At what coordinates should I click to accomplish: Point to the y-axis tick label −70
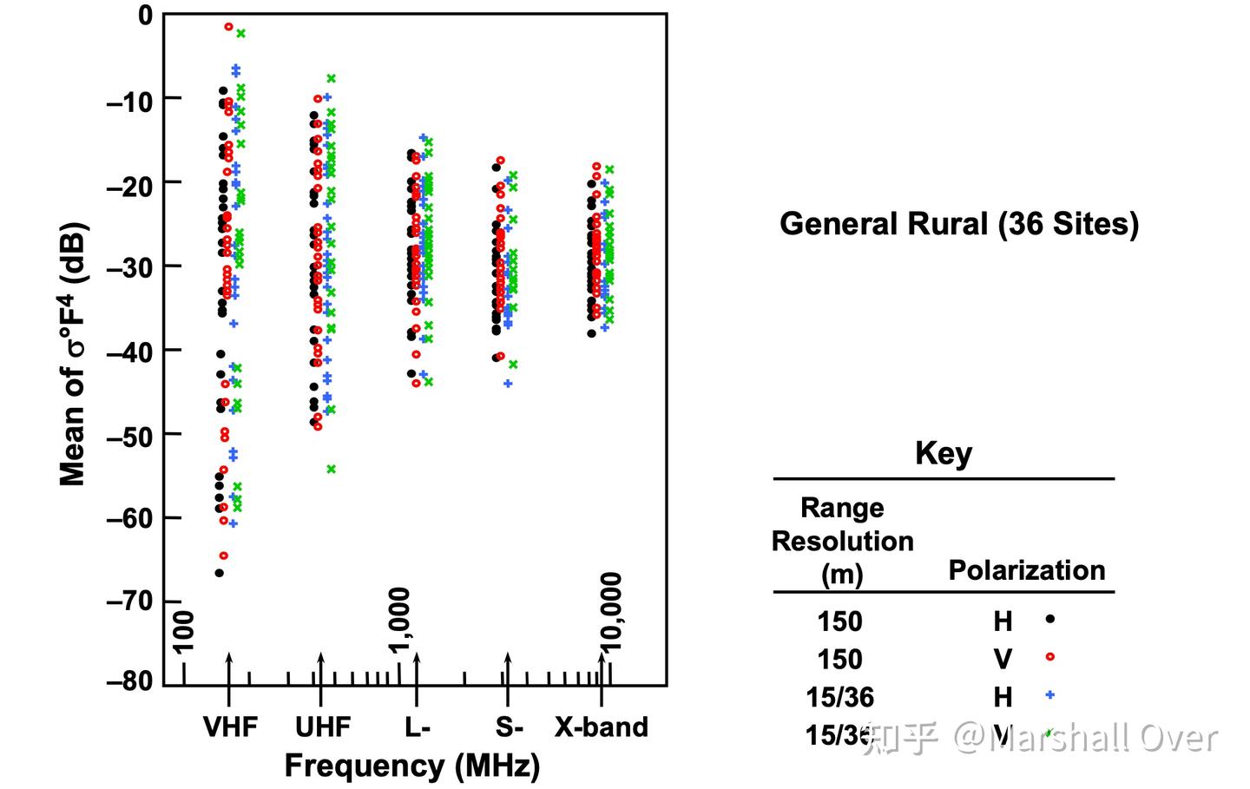[x=129, y=601]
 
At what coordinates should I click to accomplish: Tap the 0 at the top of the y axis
[x=145, y=15]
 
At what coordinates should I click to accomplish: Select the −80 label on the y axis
[x=129, y=682]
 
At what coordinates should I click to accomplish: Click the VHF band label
[x=230, y=727]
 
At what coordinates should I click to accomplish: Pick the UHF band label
[x=323, y=727]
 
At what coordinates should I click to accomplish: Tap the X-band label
[x=602, y=727]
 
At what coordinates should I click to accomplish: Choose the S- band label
[x=510, y=727]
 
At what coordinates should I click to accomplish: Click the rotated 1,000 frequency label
[x=399, y=620]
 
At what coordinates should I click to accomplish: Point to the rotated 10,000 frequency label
[x=612, y=611]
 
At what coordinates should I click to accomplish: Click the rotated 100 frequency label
[x=184, y=631]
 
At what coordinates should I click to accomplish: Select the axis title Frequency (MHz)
[x=412, y=766]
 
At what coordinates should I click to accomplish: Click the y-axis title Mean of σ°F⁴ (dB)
[x=73, y=354]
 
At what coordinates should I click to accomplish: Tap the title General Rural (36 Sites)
[x=959, y=224]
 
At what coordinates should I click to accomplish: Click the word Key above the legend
[x=944, y=453]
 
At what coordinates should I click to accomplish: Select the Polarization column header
[x=1027, y=570]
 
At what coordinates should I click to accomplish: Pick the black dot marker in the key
[x=1050, y=619]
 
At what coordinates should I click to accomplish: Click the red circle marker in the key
[x=1050, y=657]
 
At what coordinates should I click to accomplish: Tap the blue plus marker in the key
[x=1050, y=694]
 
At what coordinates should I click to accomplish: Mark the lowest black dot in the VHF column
[x=220, y=573]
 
